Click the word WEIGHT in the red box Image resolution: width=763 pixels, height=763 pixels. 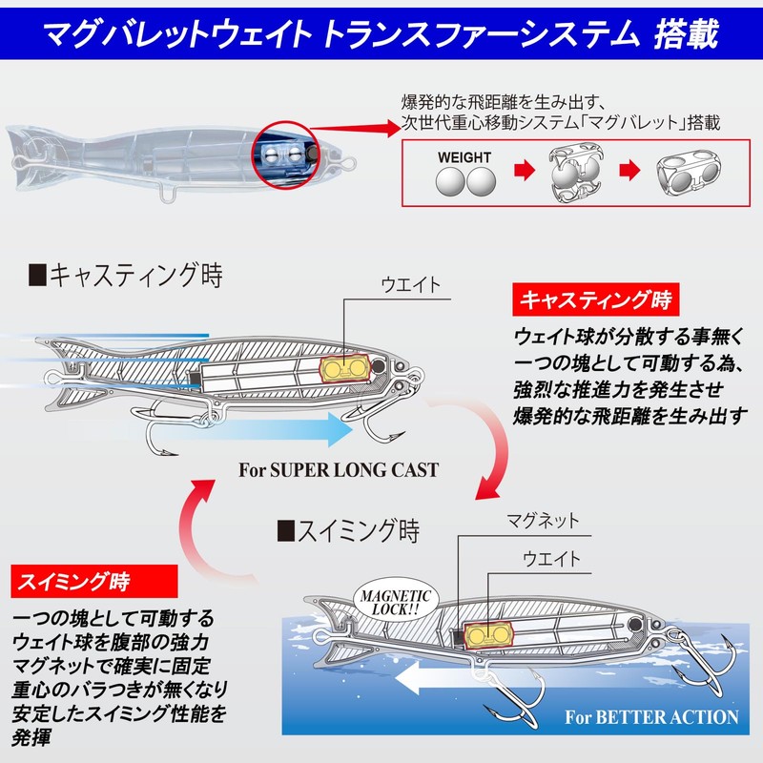[464, 157]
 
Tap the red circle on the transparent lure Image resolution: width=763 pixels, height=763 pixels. [285, 155]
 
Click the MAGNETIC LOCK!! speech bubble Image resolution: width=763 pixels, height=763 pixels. [396, 603]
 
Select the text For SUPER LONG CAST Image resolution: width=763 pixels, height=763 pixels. [339, 470]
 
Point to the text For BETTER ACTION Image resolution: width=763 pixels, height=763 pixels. [651, 717]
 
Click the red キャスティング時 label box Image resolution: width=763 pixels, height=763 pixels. [595, 299]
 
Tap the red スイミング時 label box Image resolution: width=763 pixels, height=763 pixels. [93, 581]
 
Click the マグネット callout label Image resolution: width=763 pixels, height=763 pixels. [543, 521]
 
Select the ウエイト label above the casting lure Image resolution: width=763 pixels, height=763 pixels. [411, 284]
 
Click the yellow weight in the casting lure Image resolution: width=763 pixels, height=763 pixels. [344, 368]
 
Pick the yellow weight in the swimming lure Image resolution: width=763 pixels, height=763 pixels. [488, 634]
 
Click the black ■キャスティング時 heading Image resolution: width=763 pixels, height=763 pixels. [126, 275]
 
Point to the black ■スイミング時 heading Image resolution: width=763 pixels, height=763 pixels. [348, 530]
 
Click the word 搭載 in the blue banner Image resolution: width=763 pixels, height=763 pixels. [686, 33]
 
